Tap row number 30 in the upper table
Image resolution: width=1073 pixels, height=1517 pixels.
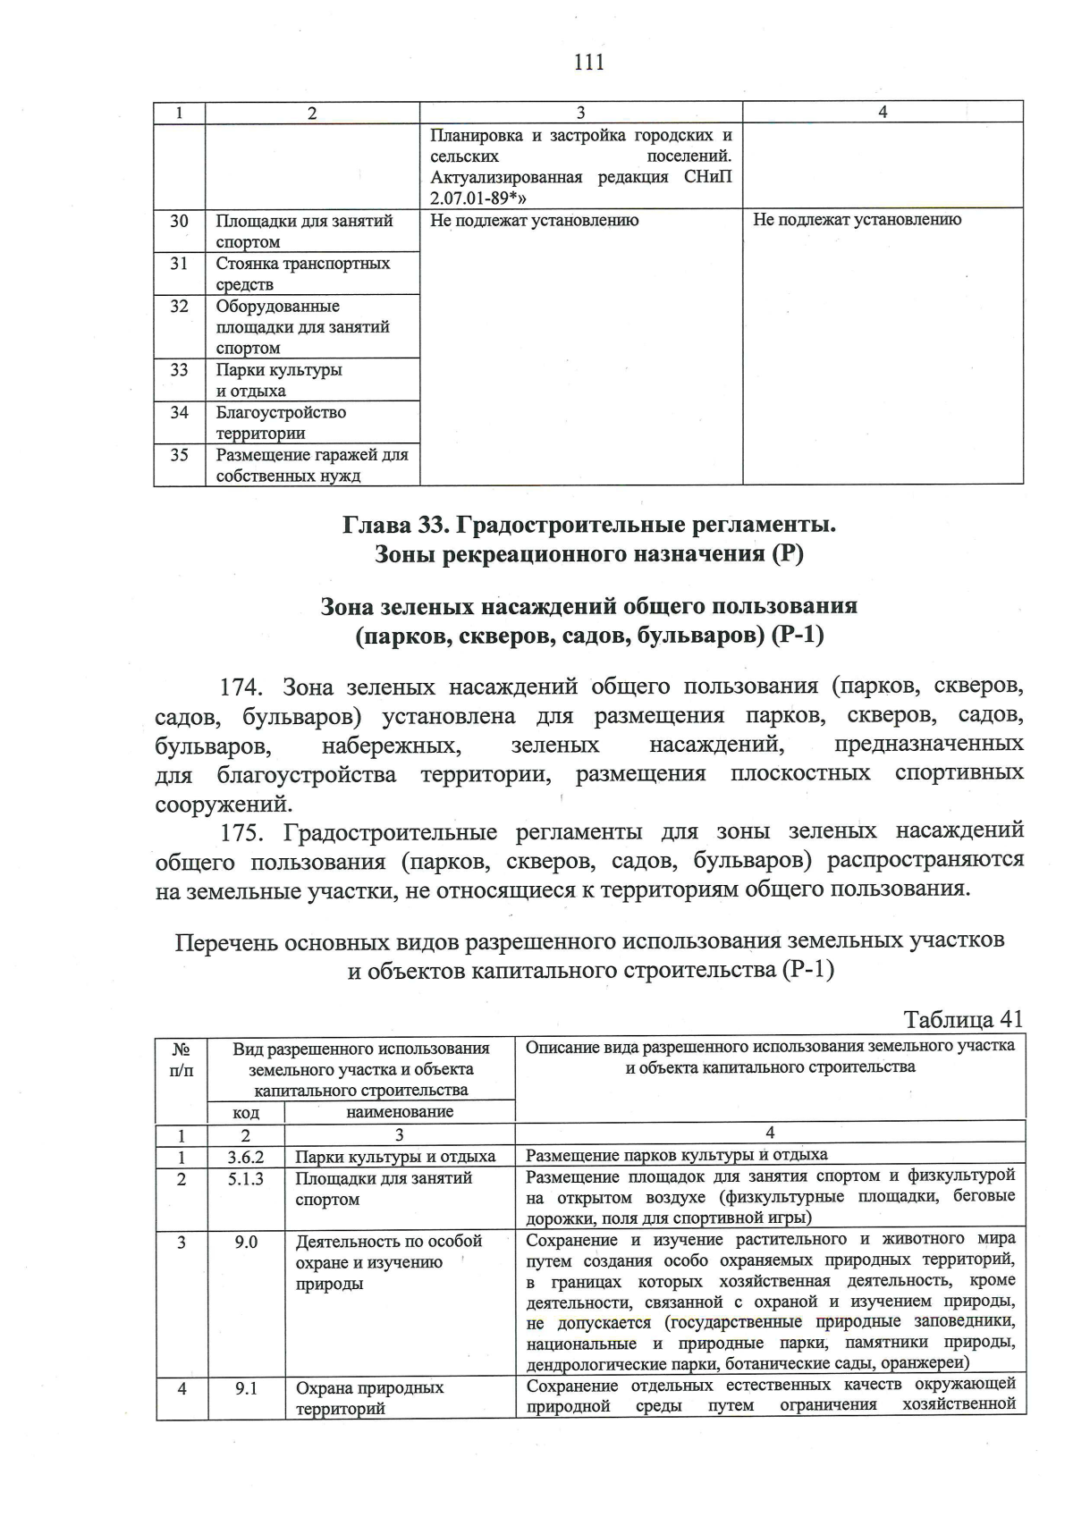pos(179,220)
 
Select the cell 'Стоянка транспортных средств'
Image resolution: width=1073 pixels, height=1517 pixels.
pos(303,274)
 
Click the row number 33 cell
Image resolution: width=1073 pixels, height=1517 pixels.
pos(179,369)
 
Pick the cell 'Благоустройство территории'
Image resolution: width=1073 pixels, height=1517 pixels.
pos(281,423)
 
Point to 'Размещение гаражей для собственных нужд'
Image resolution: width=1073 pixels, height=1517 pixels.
pos(311,465)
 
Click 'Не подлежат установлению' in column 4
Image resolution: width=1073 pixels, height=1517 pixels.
pos(857,220)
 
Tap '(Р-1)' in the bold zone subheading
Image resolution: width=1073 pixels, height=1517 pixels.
pos(798,636)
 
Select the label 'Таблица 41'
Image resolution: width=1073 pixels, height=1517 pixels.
pos(962,1019)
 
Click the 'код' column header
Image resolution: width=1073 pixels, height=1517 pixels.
pos(246,1112)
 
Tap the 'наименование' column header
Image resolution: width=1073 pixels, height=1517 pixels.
pos(399,1112)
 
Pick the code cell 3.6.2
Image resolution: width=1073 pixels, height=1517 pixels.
pos(246,1156)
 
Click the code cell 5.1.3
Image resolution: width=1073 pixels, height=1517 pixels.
pos(246,1178)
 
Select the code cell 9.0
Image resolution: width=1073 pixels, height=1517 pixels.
pos(246,1242)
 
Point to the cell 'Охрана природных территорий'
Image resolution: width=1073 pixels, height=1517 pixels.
pos(369,1398)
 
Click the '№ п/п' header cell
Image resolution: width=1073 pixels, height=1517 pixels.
pos(181,1058)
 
